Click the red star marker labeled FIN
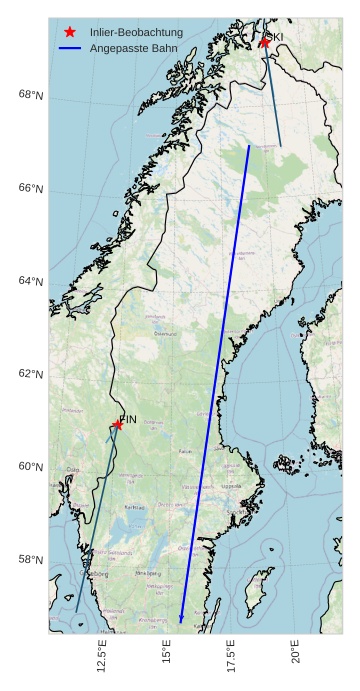pos(118,424)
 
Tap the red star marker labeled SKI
pos(265,42)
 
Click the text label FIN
pos(128,419)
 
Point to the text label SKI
pos(274,37)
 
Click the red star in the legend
pos(70,32)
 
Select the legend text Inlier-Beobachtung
pos(136,32)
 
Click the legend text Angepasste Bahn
pos(129,48)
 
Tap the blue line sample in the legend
pos(70,48)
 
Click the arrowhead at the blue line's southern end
pos(181,620)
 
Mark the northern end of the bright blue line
pos(249,146)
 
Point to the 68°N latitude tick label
pos(31,95)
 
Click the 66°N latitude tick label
pos(31,188)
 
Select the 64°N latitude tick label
pos(31,281)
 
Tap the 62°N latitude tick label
pos(31,374)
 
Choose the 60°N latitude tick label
pos(31,467)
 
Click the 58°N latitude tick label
pos(31,560)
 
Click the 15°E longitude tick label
pos(167,655)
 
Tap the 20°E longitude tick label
pos(296,655)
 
